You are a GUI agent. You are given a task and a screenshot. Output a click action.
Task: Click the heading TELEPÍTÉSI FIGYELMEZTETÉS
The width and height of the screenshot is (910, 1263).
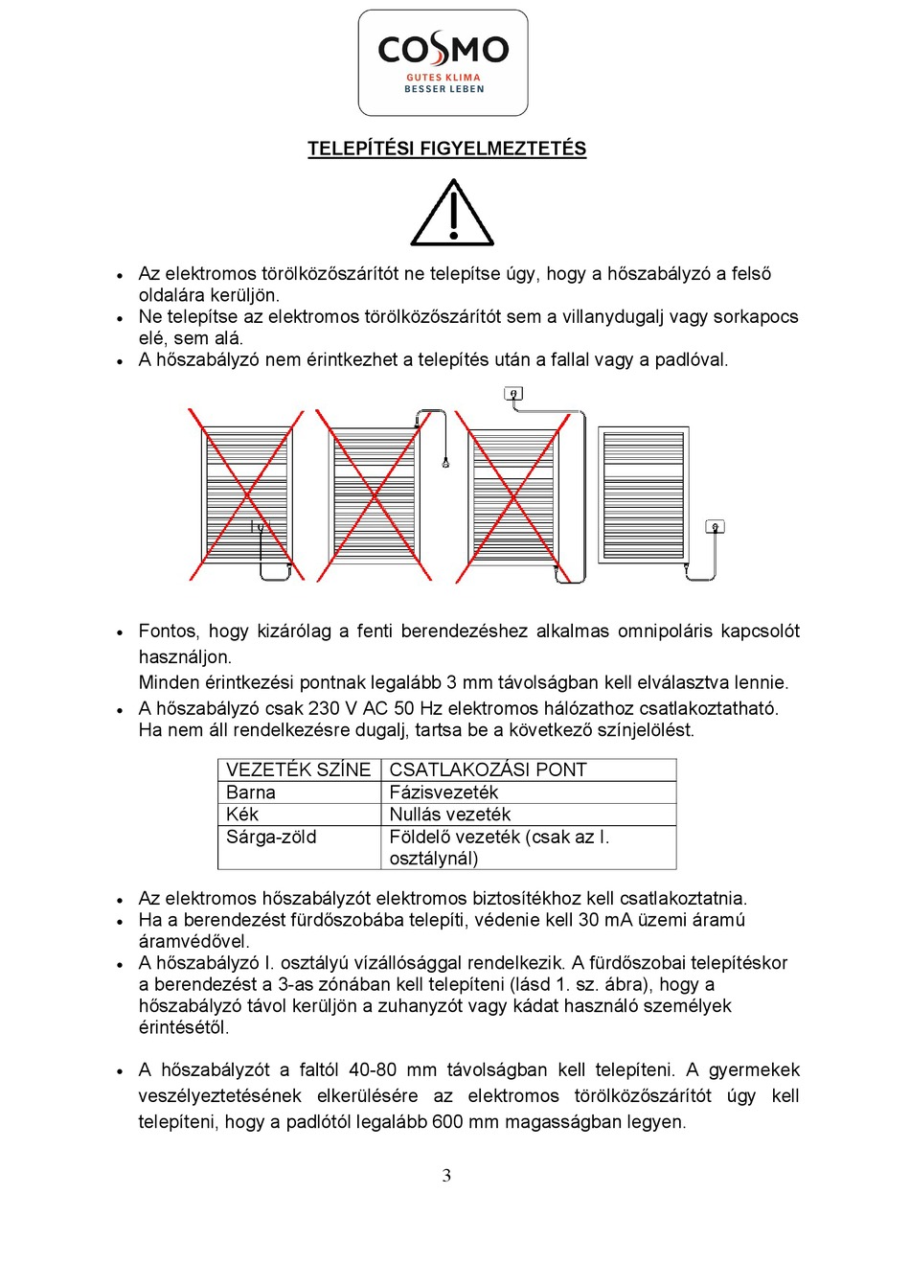(446, 149)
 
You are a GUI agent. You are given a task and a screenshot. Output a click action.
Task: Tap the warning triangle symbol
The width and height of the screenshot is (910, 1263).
(452, 214)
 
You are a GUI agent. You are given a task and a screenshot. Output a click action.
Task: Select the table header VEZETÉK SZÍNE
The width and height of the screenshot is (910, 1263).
(298, 769)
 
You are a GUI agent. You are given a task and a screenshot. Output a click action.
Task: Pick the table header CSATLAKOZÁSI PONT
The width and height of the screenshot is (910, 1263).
(488, 769)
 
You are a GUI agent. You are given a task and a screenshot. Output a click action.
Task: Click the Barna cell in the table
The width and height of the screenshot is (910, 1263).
(251, 792)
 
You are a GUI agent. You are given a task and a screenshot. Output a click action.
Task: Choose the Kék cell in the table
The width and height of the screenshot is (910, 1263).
(242, 815)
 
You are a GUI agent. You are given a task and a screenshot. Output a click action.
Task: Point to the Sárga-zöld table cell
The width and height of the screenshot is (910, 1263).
(271, 837)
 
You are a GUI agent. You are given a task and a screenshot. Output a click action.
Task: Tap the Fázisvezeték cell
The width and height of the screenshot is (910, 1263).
(444, 792)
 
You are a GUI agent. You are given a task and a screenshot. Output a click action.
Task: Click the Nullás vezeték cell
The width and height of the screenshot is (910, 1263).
(450, 815)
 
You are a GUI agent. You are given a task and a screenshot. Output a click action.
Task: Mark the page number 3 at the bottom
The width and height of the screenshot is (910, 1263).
(446, 1176)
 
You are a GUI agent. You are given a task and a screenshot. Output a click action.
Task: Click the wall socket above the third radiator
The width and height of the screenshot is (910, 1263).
(513, 393)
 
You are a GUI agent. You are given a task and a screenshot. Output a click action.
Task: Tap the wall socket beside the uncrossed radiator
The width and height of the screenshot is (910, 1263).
(715, 527)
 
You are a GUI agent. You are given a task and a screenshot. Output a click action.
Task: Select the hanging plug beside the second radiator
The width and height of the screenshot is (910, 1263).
(445, 463)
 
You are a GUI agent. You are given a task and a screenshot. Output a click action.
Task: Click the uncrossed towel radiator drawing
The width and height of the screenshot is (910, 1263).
(644, 494)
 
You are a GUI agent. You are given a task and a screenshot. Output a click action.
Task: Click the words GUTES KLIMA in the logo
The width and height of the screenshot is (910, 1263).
(444, 78)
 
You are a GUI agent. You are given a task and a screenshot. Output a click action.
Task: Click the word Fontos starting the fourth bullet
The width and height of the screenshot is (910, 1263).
(169, 631)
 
